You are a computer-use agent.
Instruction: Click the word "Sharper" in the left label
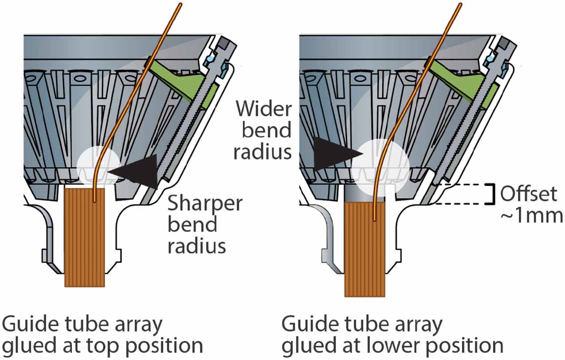click(205, 204)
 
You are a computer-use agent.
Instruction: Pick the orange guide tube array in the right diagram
click(364, 251)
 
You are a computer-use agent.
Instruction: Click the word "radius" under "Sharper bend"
click(196, 246)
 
